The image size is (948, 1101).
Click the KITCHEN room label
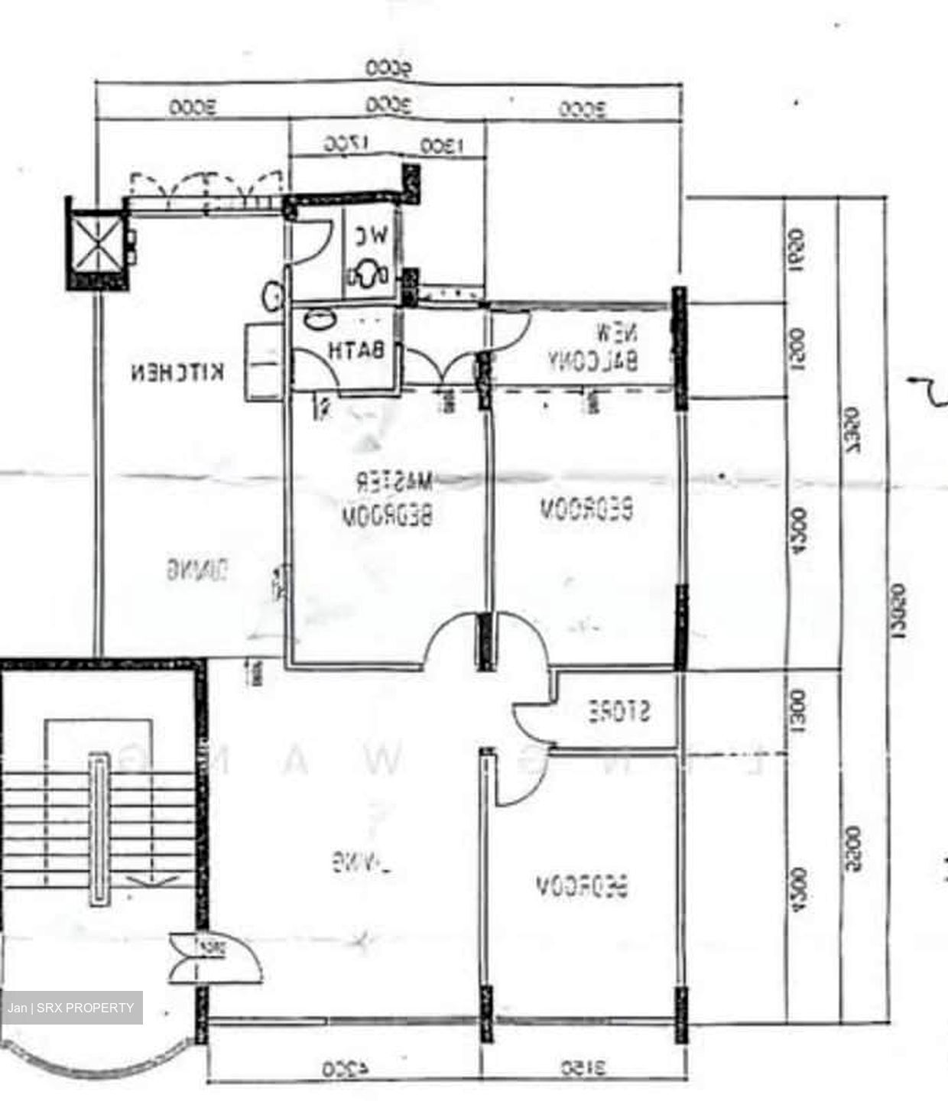(x=178, y=372)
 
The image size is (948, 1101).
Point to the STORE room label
(x=619, y=712)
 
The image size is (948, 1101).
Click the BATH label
(x=355, y=351)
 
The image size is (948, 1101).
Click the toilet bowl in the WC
(x=367, y=274)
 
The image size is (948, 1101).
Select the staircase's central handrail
(x=99, y=829)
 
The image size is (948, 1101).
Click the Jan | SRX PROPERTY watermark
(x=72, y=1008)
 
